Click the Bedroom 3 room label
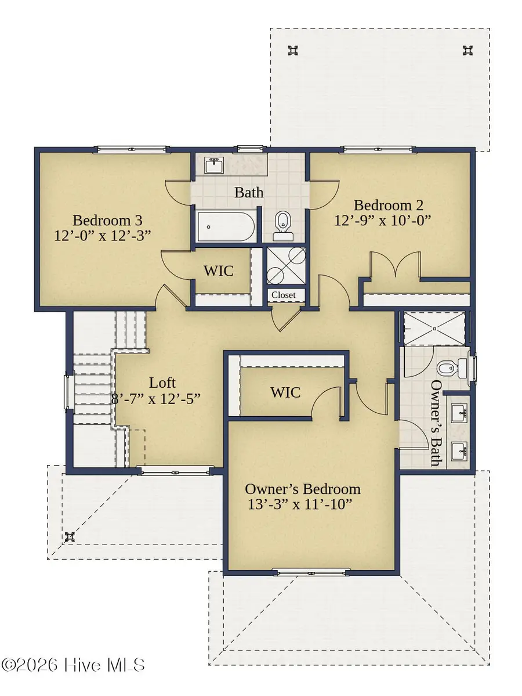(x=107, y=221)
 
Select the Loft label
(x=162, y=383)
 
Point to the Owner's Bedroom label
(x=303, y=489)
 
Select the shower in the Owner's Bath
(x=434, y=329)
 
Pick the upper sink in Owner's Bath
(x=461, y=415)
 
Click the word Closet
(x=283, y=295)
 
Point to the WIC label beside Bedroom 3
(x=218, y=271)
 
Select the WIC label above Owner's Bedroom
(x=285, y=392)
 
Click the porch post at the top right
(x=467, y=51)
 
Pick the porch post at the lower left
(x=70, y=536)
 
